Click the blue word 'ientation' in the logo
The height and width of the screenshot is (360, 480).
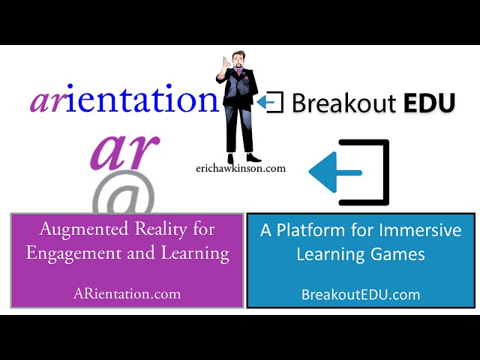(x=142, y=99)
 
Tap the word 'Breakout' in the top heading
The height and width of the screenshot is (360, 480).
(x=343, y=103)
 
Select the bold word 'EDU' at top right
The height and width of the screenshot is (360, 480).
(x=429, y=103)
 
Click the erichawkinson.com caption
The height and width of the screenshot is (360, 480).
(x=241, y=168)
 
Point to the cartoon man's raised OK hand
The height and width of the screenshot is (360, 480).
(x=226, y=64)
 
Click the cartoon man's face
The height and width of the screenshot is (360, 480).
(x=238, y=61)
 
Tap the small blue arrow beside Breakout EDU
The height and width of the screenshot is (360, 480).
(x=265, y=102)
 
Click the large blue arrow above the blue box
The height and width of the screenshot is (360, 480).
(x=335, y=172)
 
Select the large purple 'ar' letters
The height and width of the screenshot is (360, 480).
(x=125, y=152)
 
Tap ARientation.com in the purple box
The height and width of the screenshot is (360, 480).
(x=127, y=294)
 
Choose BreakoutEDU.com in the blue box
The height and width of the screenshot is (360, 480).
(x=361, y=295)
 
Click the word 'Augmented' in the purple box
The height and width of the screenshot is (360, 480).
(x=83, y=229)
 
